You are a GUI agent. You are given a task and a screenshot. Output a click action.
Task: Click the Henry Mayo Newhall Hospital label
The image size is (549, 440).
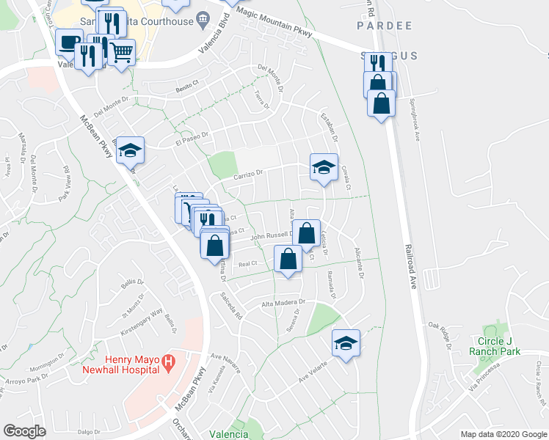pyautogui.click(x=126, y=364)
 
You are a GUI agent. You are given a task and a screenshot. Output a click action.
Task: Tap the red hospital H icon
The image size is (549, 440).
pyautogui.click(x=168, y=361)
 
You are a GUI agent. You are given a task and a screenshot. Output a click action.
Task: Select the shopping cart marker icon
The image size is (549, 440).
pyautogui.click(x=123, y=52)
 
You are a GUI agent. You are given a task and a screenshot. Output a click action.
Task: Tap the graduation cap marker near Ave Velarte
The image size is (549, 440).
pyautogui.click(x=346, y=342)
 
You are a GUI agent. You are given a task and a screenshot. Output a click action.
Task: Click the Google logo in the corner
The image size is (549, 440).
pyautogui.click(x=25, y=430)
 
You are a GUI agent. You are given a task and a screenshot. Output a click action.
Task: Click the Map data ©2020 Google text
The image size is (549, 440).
pyautogui.click(x=503, y=434)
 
